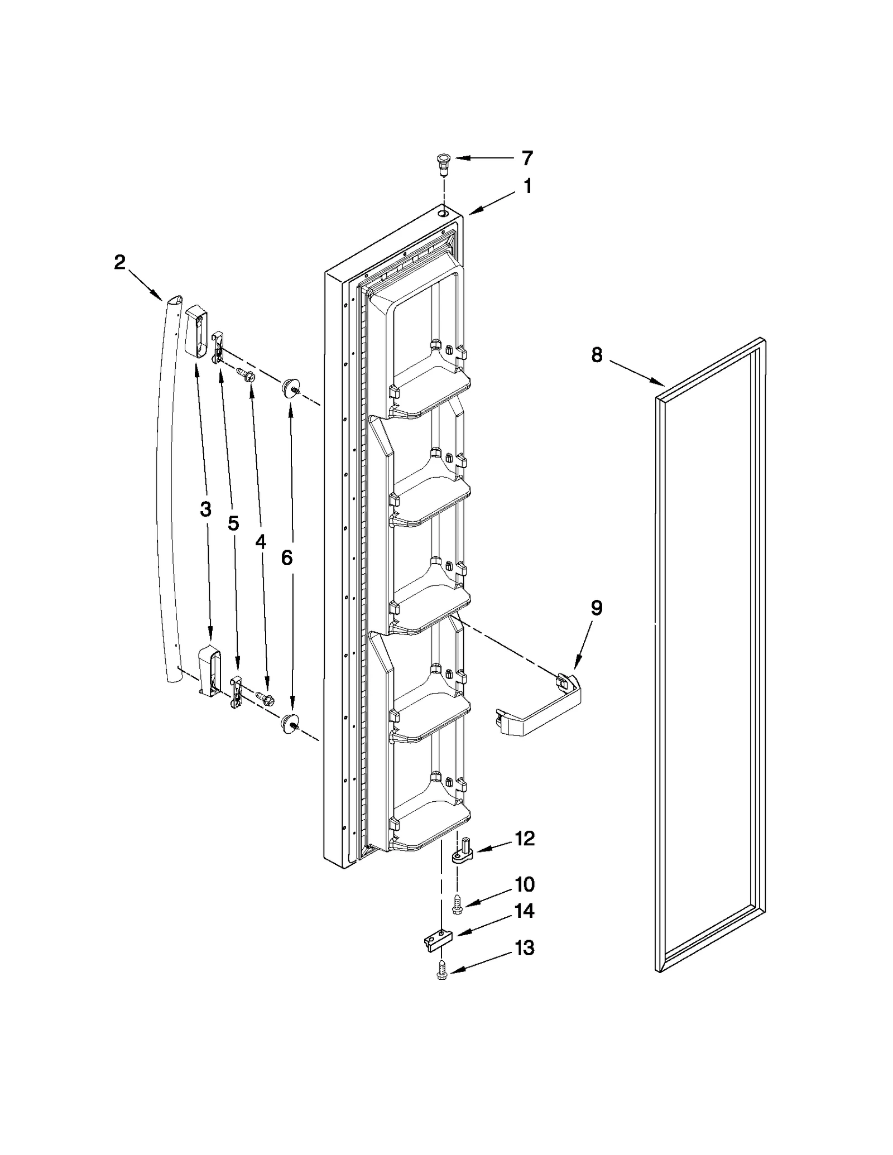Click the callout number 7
(527, 158)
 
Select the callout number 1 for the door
(527, 186)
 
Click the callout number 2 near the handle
(119, 262)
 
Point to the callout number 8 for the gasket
(597, 355)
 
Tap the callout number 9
(597, 608)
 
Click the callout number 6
(287, 557)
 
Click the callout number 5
(233, 523)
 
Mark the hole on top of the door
(443, 213)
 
